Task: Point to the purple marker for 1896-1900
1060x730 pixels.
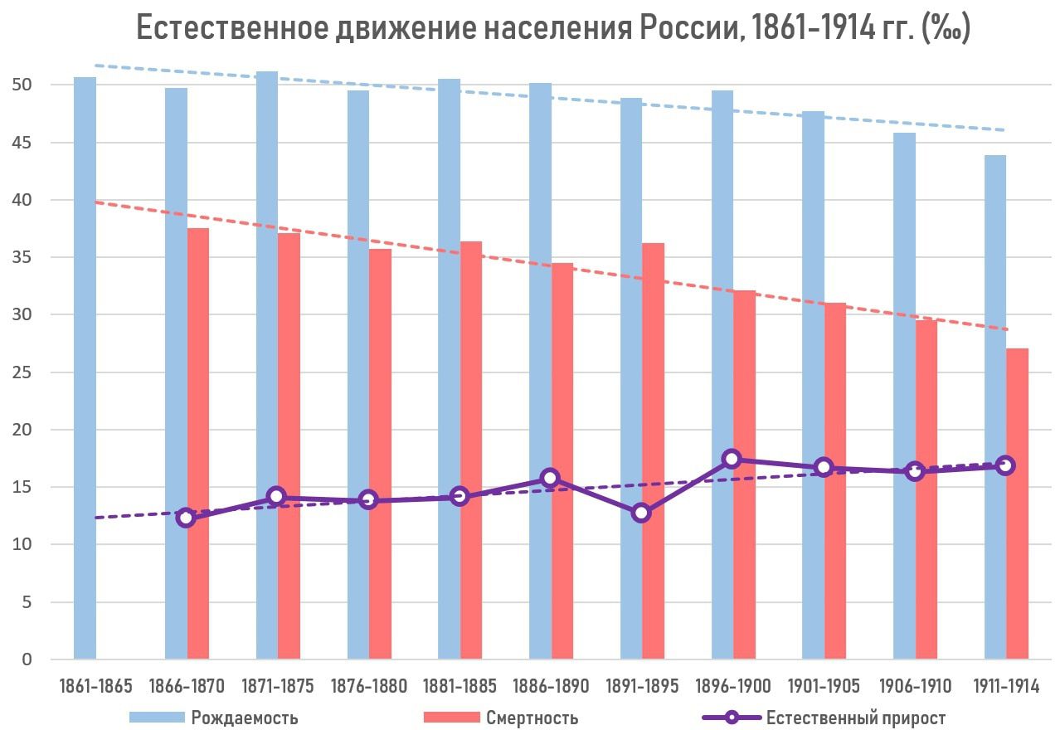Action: click(732, 459)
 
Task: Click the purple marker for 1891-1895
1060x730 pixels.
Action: click(640, 513)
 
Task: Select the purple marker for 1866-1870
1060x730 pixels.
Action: click(186, 518)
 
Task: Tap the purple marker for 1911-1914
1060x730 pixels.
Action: click(1005, 465)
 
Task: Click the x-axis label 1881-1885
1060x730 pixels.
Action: click(459, 686)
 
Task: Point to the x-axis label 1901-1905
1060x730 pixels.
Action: click(824, 686)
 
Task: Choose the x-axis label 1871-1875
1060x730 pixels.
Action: click(278, 686)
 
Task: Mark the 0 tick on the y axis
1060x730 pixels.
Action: click(27, 659)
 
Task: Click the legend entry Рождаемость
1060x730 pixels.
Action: click(244, 718)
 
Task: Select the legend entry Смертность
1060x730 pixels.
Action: click(532, 718)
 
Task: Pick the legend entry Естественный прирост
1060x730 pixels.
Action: click(855, 718)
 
